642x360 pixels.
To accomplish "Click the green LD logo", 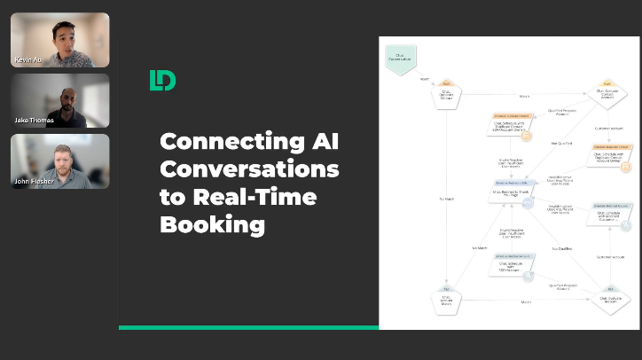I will [162, 81].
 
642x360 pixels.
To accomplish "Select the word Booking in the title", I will [212, 223].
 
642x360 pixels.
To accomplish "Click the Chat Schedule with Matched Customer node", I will [612, 215].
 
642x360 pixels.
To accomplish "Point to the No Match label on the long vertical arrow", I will [440, 197].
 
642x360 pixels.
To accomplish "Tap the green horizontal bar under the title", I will [248, 327].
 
